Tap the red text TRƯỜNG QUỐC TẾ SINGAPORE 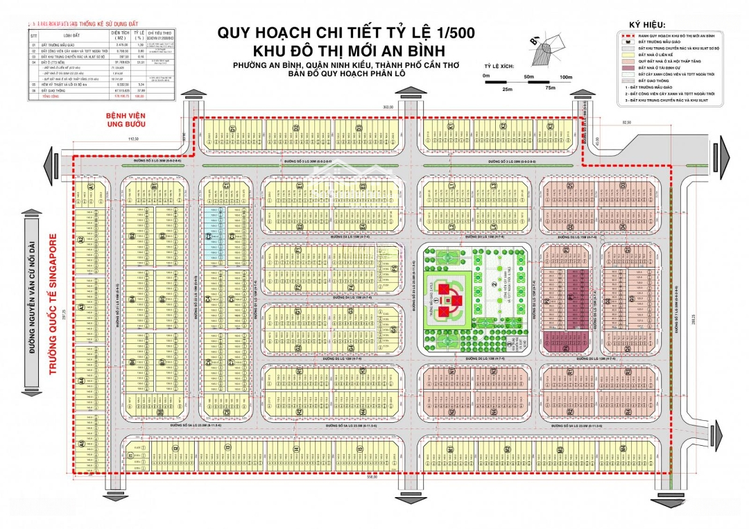(50, 308)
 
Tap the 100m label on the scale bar (566, 76)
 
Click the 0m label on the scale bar (487, 76)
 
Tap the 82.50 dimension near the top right (626, 123)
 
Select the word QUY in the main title (233, 33)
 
